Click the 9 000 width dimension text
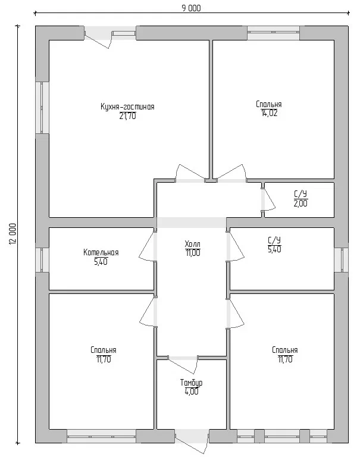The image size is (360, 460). pyautogui.click(x=191, y=8)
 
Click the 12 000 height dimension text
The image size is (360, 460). pyautogui.click(x=13, y=234)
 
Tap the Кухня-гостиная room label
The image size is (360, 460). pyautogui.click(x=127, y=107)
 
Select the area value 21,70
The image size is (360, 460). pyautogui.click(x=127, y=116)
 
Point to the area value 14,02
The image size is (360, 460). pyautogui.click(x=269, y=113)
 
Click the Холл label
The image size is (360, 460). pyautogui.click(x=192, y=244)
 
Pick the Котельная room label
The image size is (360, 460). pyautogui.click(x=101, y=252)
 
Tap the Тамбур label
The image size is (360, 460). pyautogui.click(x=191, y=383)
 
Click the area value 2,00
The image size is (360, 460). pyautogui.click(x=300, y=204)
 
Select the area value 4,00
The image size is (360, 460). pyautogui.click(x=191, y=392)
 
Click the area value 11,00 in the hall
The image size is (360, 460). pyautogui.click(x=192, y=253)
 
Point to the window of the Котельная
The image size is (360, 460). pyautogui.click(x=42, y=260)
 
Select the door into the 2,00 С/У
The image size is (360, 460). pyautogui.click(x=268, y=199)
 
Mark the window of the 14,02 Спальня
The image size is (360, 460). pyautogui.click(x=273, y=33)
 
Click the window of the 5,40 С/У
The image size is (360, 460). pyautogui.click(x=342, y=259)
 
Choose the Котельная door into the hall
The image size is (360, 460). pyautogui.click(x=148, y=246)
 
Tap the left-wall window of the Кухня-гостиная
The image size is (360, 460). pyautogui.click(x=42, y=107)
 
